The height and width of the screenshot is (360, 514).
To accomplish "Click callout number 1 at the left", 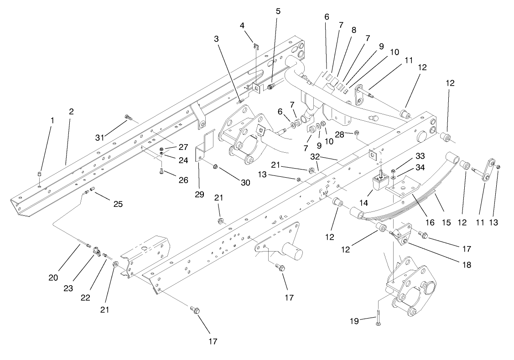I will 52,120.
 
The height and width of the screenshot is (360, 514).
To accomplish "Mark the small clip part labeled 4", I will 256,45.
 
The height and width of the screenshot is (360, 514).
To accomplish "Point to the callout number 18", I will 466,264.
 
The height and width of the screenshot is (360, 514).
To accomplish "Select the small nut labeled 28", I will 357,133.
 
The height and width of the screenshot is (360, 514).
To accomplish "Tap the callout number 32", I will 315,156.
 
